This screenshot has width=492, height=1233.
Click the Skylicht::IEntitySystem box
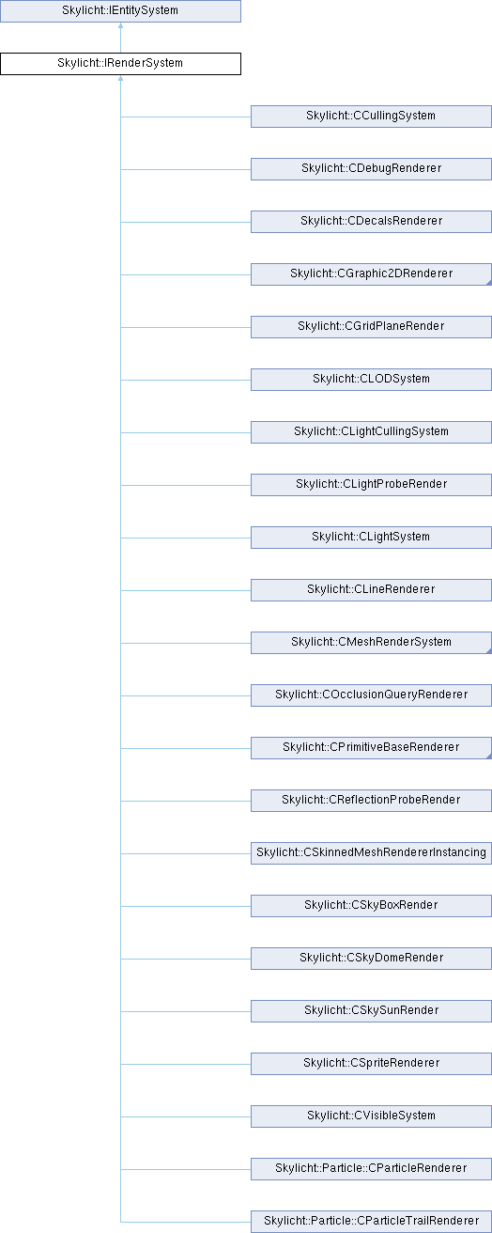120,11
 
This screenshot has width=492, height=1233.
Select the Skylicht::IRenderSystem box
120,64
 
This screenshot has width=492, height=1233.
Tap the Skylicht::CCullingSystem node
371,117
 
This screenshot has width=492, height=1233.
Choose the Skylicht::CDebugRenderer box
371,169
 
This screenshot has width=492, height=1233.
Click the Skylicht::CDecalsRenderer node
371,221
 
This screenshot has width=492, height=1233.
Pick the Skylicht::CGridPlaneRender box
371,326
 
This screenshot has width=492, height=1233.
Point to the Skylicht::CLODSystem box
371,380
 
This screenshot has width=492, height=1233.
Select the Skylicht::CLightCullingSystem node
371,432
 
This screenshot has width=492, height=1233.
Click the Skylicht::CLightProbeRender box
371,484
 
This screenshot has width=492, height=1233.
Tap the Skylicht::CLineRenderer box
371,589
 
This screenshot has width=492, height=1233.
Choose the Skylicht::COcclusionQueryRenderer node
371,695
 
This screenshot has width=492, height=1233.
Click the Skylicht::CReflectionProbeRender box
371,801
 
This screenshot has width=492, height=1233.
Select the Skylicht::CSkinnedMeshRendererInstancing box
371,852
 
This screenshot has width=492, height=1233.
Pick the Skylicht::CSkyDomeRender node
371,959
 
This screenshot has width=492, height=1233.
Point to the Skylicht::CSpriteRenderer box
371,1064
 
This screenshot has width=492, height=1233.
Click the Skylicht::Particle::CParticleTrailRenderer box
371,1222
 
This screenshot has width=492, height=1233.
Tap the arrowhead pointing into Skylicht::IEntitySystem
120,25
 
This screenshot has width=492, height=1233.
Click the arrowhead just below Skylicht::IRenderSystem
120,78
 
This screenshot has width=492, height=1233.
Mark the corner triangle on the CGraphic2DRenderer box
488,282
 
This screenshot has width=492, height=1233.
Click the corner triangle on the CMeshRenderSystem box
488,650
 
